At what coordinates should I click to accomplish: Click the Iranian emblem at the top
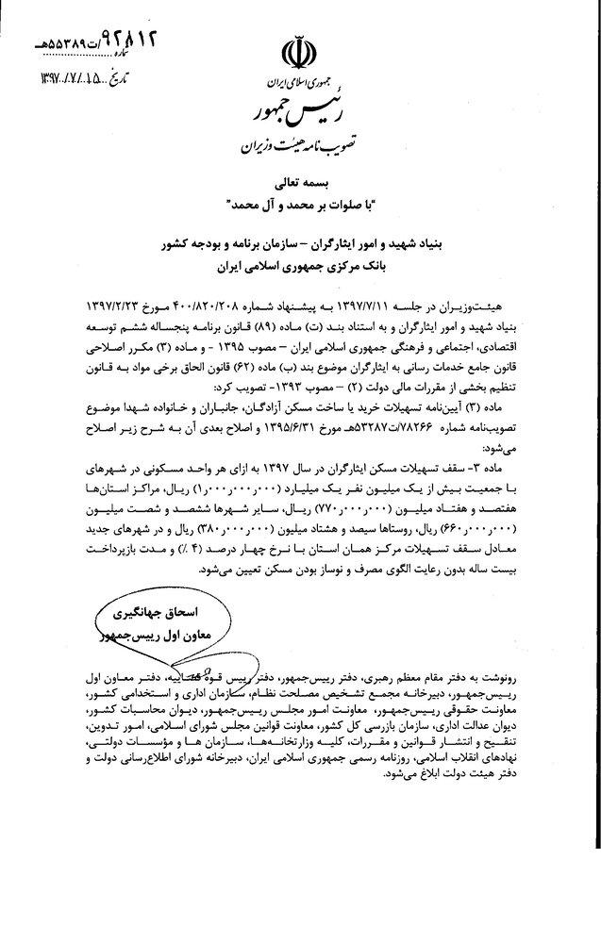tap(301, 58)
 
